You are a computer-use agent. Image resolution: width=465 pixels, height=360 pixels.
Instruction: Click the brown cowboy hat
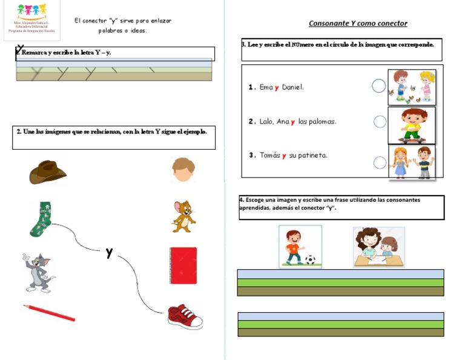(x=47, y=172)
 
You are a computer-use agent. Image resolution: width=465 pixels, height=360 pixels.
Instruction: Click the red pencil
(x=49, y=313)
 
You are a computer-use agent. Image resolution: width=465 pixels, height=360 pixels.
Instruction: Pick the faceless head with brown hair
(x=183, y=170)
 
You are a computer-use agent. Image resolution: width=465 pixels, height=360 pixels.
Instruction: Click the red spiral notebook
(x=183, y=265)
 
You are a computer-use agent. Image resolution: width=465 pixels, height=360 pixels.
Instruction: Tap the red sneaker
(x=185, y=316)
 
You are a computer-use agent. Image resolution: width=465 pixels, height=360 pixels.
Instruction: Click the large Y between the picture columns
(x=109, y=253)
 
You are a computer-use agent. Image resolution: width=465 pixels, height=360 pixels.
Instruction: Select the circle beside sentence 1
(x=378, y=86)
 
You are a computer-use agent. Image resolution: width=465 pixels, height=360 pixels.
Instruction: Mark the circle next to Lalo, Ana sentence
(x=380, y=122)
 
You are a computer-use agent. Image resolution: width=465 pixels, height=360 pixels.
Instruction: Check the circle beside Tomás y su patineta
(x=380, y=162)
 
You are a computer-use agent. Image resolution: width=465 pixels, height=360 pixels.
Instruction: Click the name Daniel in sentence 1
(x=292, y=87)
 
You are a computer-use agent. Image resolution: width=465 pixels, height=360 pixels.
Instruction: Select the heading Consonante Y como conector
(x=358, y=24)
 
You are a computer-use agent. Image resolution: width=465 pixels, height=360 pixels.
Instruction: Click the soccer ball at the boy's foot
(x=310, y=260)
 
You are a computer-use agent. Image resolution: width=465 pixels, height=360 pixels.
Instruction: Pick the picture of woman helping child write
(x=378, y=247)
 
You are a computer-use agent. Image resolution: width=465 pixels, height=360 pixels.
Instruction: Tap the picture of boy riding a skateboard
(x=411, y=125)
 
